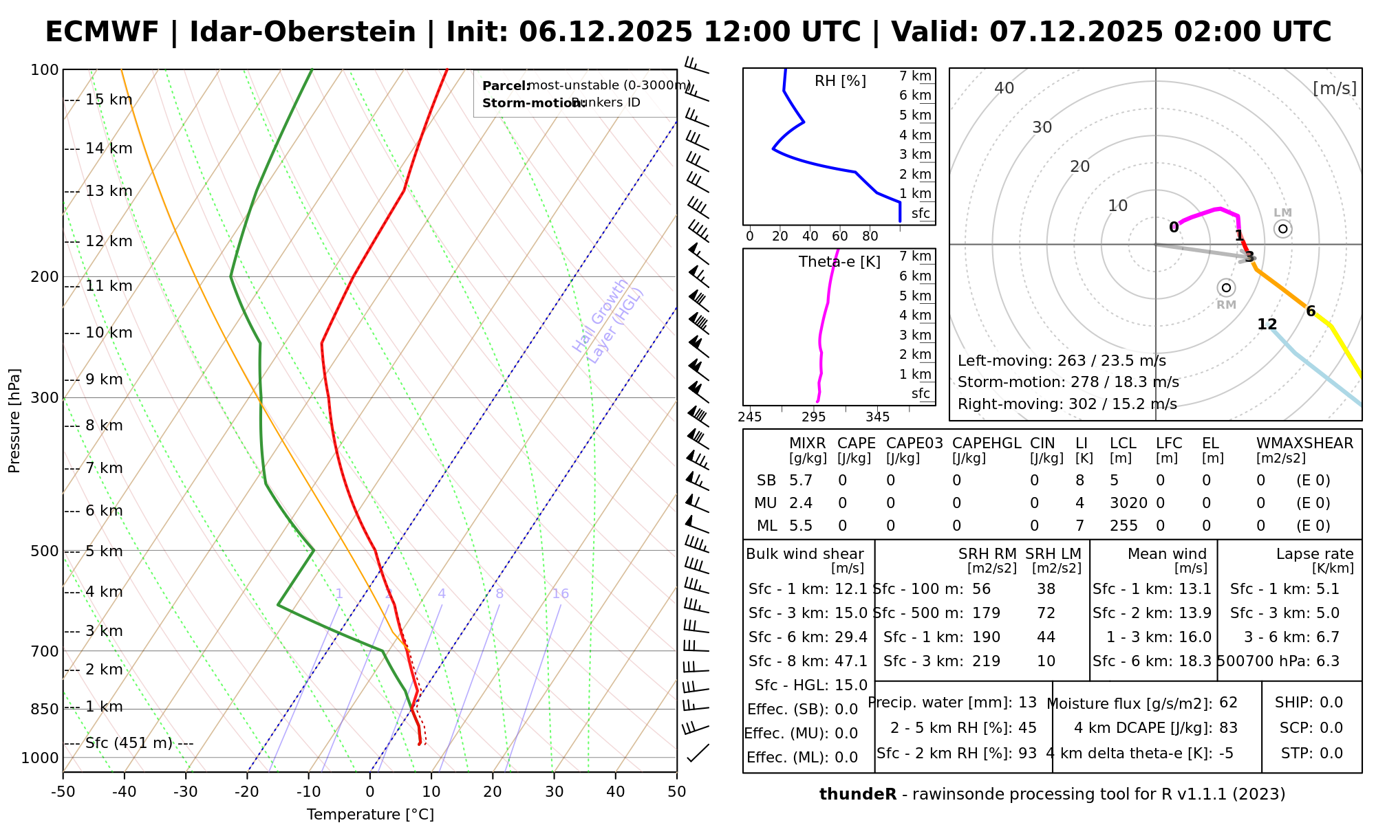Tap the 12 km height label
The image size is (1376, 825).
click(x=109, y=241)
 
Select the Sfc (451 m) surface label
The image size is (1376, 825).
click(x=139, y=743)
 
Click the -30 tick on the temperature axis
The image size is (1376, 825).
click(x=186, y=792)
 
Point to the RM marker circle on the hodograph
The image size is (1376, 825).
click(x=1226, y=287)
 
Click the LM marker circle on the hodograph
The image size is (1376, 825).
click(x=1282, y=229)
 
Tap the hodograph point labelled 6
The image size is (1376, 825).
click(x=1311, y=311)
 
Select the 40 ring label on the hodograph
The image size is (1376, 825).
click(x=1004, y=88)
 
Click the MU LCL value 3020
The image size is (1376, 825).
click(x=1128, y=503)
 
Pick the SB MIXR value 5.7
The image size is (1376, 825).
click(x=801, y=481)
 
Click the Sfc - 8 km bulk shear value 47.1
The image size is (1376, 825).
click(x=851, y=661)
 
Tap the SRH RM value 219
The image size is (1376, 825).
click(x=986, y=661)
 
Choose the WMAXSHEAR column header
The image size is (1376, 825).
click(x=1304, y=443)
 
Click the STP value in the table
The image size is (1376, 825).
click(x=1331, y=753)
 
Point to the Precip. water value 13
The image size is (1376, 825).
click(x=1027, y=703)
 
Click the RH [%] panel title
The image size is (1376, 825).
click(x=840, y=81)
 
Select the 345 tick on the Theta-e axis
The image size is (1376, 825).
click(x=877, y=417)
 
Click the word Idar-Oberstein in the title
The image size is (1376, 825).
click(x=302, y=32)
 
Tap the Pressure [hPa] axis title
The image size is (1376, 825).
click(x=14, y=421)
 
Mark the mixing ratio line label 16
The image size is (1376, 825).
click(x=560, y=594)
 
